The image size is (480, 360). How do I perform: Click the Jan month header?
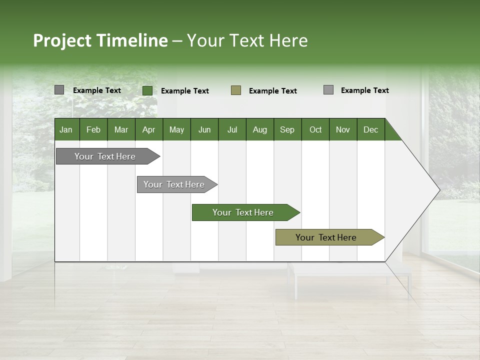click(66, 129)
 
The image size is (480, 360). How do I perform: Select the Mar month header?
click(121, 129)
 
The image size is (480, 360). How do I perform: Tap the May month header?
click(176, 129)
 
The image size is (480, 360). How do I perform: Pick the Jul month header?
click(232, 129)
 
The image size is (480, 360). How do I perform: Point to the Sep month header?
click(287, 129)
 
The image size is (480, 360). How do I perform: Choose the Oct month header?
click(315, 129)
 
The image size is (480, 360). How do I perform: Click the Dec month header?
click(370, 129)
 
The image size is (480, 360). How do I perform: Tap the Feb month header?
click(93, 129)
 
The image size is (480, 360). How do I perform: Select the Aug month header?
click(259, 129)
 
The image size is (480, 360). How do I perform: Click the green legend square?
click(147, 90)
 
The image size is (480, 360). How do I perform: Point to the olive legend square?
click(236, 90)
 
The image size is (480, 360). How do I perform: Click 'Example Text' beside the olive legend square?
click(273, 91)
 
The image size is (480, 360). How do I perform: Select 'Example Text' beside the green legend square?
click(185, 91)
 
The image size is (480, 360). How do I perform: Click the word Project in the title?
click(62, 40)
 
